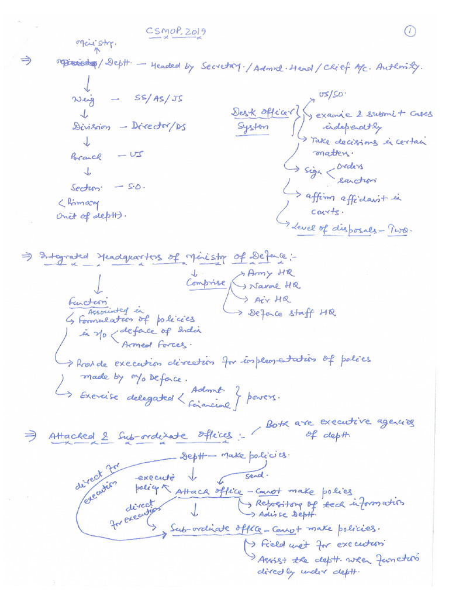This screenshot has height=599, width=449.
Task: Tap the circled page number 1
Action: pos(409,32)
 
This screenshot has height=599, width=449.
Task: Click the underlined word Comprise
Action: pos(206,283)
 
